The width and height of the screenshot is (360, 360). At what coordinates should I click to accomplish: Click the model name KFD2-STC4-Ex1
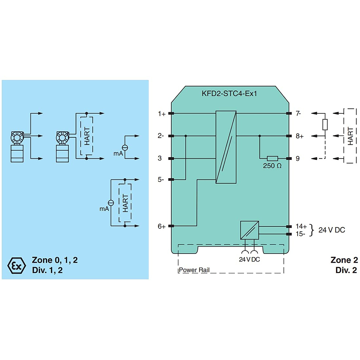pyautogui.click(x=229, y=94)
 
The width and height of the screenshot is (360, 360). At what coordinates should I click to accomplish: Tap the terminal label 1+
pyautogui.click(x=162, y=114)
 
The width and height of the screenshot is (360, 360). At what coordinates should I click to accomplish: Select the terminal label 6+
pyautogui.click(x=162, y=226)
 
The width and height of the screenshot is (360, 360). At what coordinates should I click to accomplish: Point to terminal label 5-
pyautogui.click(x=161, y=180)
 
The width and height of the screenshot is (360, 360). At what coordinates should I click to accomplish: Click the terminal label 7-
pyautogui.click(x=298, y=113)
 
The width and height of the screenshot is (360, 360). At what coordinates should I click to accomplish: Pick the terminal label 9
pyautogui.click(x=298, y=158)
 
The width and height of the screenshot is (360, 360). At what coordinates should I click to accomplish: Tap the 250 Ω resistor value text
pyautogui.click(x=272, y=166)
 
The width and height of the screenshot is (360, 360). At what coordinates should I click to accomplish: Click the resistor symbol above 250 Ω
pyautogui.click(x=272, y=158)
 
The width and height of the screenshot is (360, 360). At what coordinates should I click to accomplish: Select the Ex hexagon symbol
pyautogui.click(x=16, y=265)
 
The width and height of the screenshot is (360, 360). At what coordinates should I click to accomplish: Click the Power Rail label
pyautogui.click(x=194, y=270)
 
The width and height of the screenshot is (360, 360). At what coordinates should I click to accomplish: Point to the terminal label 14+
pyautogui.click(x=301, y=226)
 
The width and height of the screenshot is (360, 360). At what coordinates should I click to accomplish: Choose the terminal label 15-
pyautogui.click(x=300, y=234)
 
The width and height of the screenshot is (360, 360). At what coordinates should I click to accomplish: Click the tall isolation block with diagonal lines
pyautogui.click(x=226, y=147)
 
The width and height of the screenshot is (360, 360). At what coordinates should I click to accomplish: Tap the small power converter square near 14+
pyautogui.click(x=250, y=230)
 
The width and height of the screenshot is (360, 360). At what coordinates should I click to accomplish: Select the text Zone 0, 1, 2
pyautogui.click(x=55, y=260)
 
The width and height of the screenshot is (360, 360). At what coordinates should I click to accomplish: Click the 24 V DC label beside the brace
pyautogui.click(x=331, y=230)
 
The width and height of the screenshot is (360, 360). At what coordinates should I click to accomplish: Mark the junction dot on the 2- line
pyautogui.click(x=186, y=136)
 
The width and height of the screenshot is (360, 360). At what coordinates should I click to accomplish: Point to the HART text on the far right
pyautogui.click(x=350, y=136)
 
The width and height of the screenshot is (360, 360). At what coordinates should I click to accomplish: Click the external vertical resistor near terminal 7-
pyautogui.click(x=325, y=124)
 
